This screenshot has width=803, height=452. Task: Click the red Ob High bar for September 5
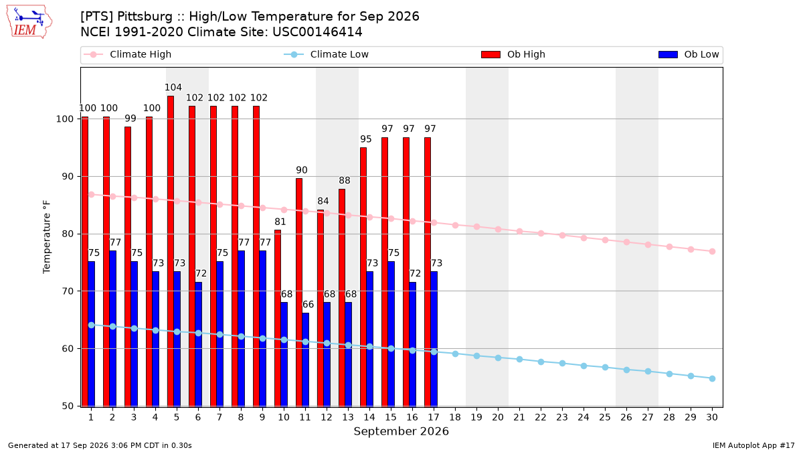(x=171, y=251)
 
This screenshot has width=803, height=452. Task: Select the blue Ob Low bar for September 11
(x=305, y=360)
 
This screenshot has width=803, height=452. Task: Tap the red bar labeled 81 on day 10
(x=278, y=318)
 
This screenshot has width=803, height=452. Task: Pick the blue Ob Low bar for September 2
(x=113, y=329)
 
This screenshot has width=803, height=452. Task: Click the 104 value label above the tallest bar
(x=173, y=87)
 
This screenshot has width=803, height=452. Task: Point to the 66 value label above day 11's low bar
(x=308, y=305)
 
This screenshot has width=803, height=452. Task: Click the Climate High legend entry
(x=127, y=54)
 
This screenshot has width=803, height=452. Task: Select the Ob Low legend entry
(x=689, y=54)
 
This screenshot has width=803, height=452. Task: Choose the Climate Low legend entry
(x=327, y=54)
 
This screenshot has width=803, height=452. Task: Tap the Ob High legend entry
(x=513, y=54)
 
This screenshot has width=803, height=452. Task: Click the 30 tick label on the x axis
(x=712, y=417)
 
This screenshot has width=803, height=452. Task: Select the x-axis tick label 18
(x=455, y=417)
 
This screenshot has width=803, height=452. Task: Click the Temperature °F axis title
(x=47, y=237)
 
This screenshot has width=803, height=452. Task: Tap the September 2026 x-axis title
(x=401, y=431)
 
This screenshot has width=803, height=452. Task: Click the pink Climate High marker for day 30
(x=712, y=252)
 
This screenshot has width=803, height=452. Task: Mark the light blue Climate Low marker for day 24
(x=584, y=366)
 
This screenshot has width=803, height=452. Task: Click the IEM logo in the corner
(x=29, y=22)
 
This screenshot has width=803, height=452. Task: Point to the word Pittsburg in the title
(x=145, y=17)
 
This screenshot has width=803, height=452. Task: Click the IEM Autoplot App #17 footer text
(x=753, y=445)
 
